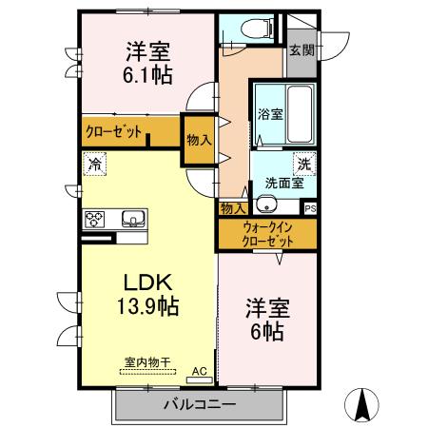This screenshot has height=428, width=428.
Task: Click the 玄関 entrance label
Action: tap(302, 49)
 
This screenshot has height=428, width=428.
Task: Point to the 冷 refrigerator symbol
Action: tap(93, 164)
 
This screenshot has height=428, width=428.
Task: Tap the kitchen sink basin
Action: tap(132, 220)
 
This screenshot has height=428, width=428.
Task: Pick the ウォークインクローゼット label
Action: tap(267, 234)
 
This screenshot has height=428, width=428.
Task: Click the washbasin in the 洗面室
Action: tap(265, 205)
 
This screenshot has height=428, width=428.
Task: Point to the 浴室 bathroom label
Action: tap(269, 115)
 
